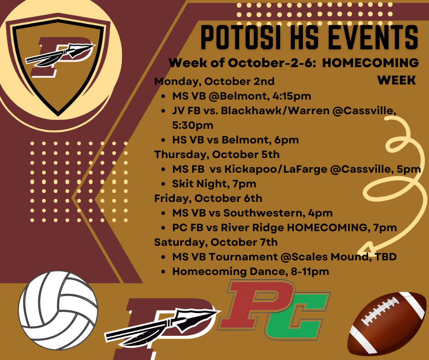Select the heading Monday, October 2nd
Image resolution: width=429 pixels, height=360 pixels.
pyautogui.click(x=214, y=81)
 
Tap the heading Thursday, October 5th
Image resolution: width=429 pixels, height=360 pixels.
pyautogui.click(x=217, y=154)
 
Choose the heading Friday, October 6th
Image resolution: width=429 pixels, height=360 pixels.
pyautogui.click(x=208, y=198)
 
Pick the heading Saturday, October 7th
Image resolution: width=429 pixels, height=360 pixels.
pyautogui.click(x=216, y=242)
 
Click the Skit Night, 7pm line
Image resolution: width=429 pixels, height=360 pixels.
pyautogui.click(x=214, y=184)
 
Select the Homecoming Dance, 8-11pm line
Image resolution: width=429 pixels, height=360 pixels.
pyautogui.click(x=251, y=271)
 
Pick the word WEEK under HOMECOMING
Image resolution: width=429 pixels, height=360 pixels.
pyautogui.click(x=397, y=80)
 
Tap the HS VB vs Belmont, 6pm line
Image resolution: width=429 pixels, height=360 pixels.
pyautogui.click(x=235, y=140)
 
